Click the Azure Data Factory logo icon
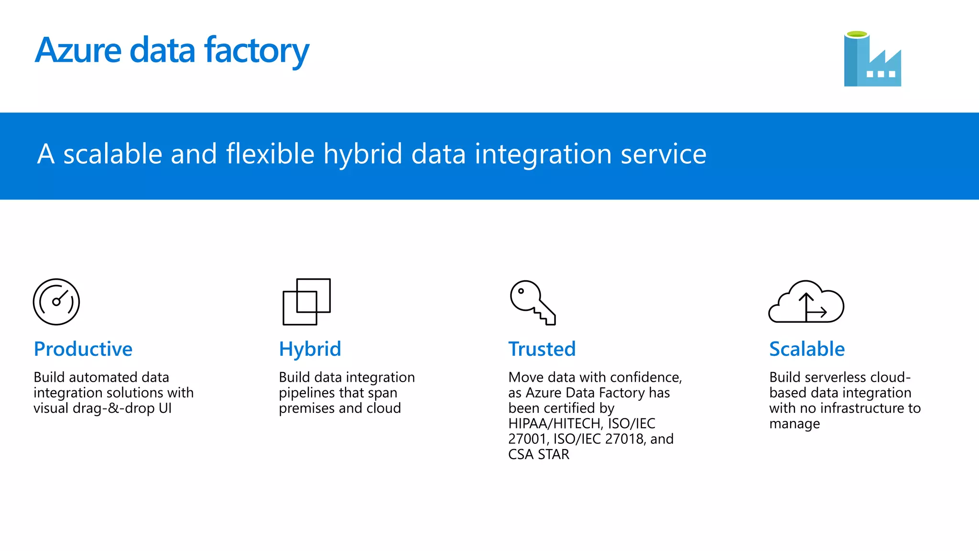[x=872, y=59]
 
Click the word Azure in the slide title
[x=78, y=50]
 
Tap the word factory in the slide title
[x=256, y=51]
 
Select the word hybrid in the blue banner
[x=362, y=154]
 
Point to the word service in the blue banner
[x=663, y=154]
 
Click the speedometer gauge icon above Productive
[x=56, y=302]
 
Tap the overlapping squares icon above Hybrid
[x=306, y=302]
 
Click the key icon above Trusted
[x=532, y=302]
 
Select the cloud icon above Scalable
[x=806, y=302]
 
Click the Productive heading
[x=83, y=349]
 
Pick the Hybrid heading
[x=310, y=349]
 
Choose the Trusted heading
[x=542, y=349]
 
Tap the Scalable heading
[x=806, y=349]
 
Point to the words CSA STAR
[x=538, y=454]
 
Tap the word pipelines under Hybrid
[x=304, y=393]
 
